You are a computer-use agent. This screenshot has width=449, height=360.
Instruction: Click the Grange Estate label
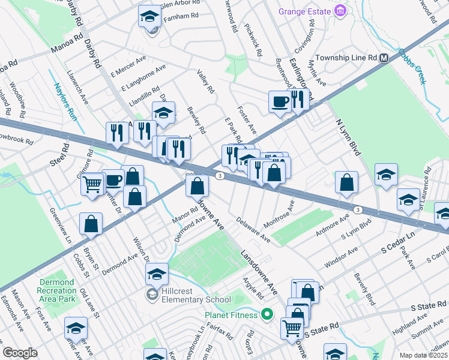click(x=305, y=11)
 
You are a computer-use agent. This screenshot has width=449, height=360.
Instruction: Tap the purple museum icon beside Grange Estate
click(x=340, y=11)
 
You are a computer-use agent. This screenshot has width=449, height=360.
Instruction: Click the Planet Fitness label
click(x=231, y=314)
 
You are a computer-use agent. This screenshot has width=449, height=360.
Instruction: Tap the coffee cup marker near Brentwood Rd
click(x=279, y=101)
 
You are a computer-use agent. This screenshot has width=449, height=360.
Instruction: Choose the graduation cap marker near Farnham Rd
click(x=149, y=17)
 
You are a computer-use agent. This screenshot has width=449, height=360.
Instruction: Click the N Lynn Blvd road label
click(x=348, y=137)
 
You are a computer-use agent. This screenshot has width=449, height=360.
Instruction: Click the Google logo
click(x=20, y=353)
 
